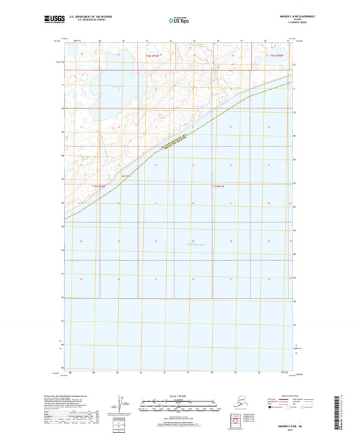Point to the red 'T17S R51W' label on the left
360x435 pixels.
coord(99,186)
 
